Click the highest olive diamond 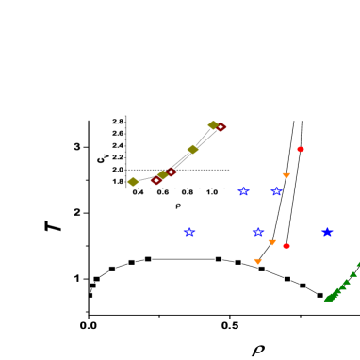213,124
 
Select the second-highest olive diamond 192,149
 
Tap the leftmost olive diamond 133,182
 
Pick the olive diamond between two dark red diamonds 162,174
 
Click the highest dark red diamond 221,127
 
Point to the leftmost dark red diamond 155,180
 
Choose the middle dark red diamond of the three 171,172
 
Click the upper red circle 301,149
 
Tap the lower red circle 286,246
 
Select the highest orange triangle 286,175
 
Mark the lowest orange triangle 257,261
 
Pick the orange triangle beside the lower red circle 271,242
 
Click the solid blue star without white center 327,232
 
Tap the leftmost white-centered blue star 189,232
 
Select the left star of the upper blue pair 243,191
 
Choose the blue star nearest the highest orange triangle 276,191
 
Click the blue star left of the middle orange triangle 258,232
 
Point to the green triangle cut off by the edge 357,264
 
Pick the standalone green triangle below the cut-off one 352,274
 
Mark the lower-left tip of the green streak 326,300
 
